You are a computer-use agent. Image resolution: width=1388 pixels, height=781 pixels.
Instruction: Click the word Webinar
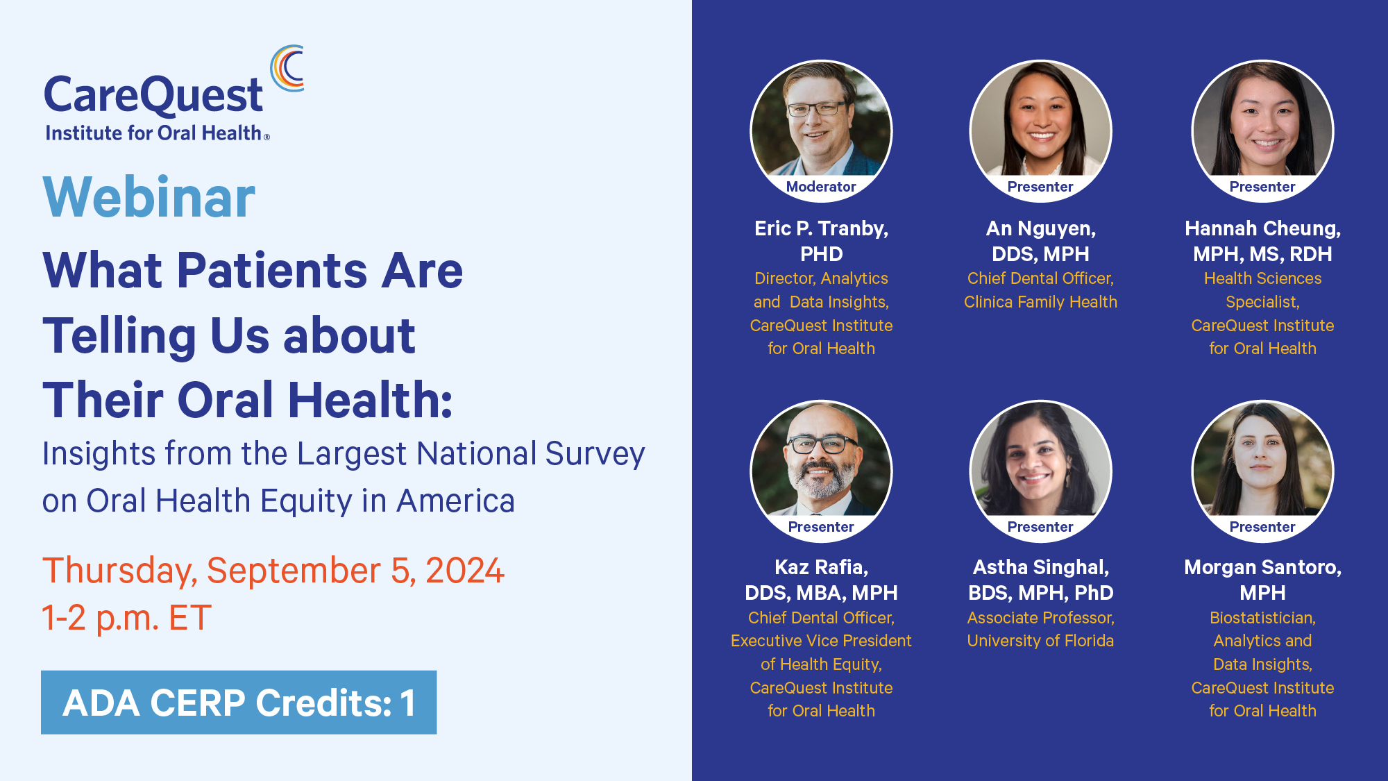149,197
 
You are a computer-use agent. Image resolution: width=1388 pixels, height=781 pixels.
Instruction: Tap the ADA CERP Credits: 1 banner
239,702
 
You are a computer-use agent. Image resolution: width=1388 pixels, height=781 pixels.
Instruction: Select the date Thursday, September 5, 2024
273,571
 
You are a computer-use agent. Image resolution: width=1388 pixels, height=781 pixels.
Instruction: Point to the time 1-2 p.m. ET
127,617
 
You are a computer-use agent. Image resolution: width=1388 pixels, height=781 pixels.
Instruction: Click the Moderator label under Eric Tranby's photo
821,187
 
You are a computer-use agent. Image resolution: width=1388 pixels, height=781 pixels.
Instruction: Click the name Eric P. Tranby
821,228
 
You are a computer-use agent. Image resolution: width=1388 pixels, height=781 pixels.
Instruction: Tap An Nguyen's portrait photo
1040,131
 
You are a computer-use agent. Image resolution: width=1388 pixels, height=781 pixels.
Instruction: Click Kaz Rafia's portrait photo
821,471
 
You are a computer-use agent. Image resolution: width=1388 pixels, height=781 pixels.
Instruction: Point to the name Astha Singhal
1040,567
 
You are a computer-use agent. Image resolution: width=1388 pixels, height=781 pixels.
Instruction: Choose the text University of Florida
1040,641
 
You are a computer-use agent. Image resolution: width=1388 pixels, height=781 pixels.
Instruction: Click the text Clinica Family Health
1040,302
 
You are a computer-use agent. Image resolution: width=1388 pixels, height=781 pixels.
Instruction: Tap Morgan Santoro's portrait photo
1262,471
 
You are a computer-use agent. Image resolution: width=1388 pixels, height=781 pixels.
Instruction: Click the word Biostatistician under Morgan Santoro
1262,618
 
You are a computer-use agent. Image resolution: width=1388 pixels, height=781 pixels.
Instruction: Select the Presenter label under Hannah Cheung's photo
1262,187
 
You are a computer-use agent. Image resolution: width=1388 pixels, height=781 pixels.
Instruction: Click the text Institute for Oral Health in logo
153,133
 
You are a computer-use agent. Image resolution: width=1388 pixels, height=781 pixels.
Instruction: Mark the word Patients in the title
272,270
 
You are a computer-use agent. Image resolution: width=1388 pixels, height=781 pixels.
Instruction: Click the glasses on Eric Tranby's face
817,109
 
